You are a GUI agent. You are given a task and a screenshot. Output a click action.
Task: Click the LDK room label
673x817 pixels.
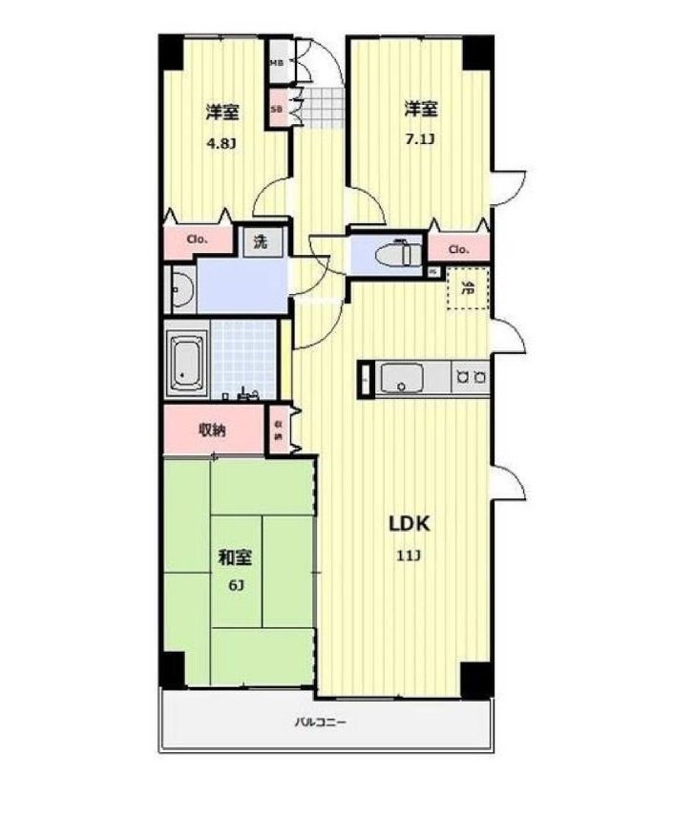(410, 523)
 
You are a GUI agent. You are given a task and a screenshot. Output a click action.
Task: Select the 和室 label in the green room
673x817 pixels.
(234, 555)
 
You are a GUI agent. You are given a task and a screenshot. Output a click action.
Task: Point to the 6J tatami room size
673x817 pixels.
(234, 584)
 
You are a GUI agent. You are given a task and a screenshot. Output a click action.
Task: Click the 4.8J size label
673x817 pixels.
(221, 145)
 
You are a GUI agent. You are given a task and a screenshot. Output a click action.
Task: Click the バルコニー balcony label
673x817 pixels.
(319, 723)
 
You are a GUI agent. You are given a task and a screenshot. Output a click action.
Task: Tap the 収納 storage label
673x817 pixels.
(212, 430)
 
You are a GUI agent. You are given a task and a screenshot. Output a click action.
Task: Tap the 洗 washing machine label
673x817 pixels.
(260, 242)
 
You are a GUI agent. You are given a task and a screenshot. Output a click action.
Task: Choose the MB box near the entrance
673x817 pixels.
(277, 63)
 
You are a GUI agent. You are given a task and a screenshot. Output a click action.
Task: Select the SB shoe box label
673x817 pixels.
(277, 109)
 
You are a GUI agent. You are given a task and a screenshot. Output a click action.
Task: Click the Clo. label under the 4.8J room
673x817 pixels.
(198, 241)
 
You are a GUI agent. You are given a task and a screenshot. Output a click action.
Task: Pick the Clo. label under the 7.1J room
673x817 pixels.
(458, 250)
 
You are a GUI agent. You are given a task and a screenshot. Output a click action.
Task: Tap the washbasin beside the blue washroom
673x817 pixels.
(180, 291)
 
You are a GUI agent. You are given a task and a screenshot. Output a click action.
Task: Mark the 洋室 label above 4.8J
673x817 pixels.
(221, 112)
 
